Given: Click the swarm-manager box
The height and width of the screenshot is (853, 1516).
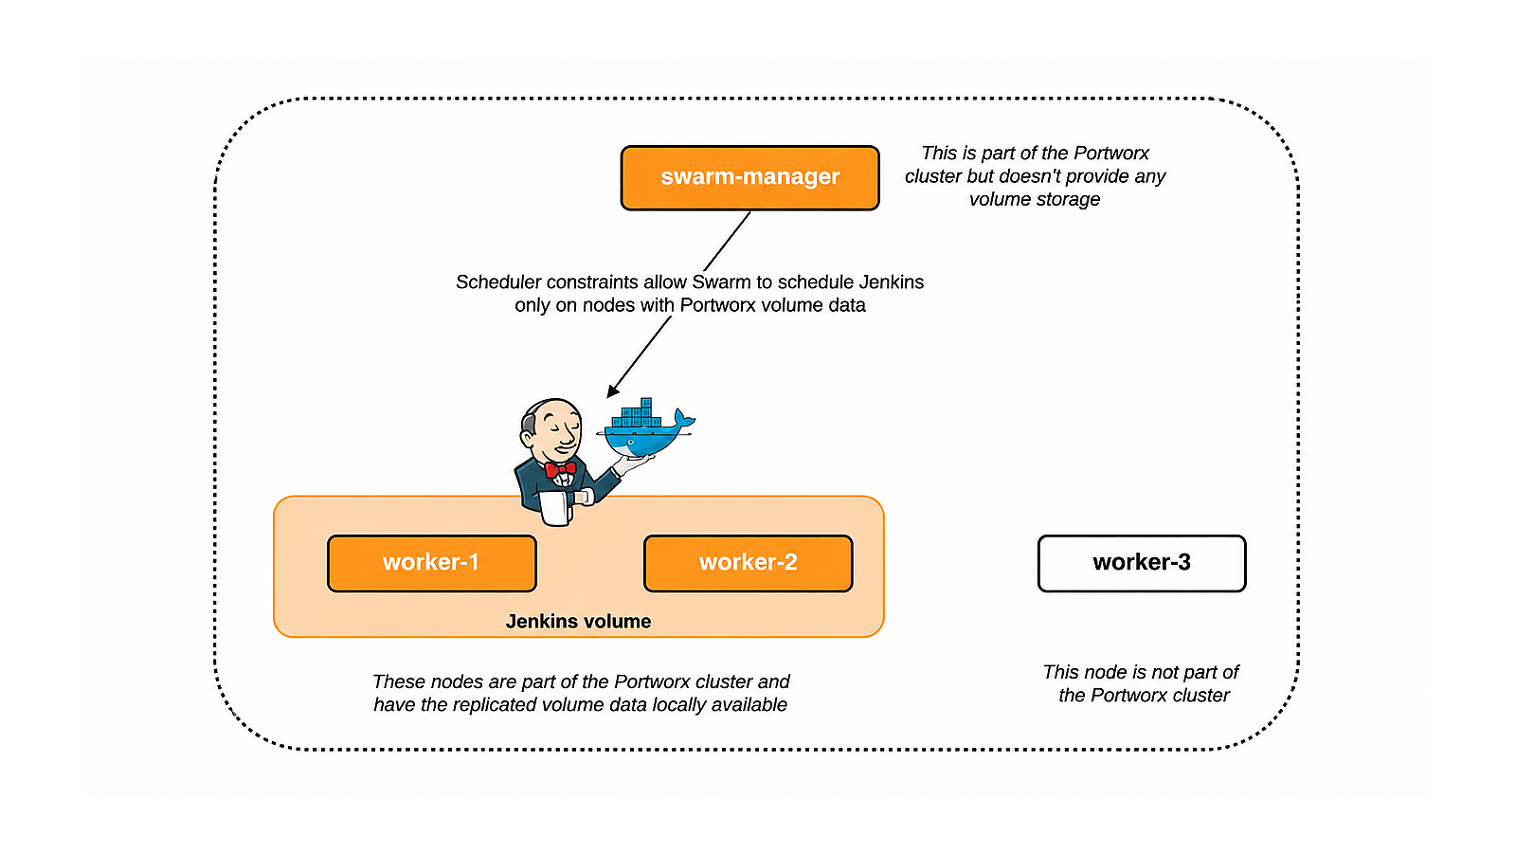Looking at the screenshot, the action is coord(749,177).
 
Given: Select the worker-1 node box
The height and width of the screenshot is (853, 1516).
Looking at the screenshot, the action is coord(432,563).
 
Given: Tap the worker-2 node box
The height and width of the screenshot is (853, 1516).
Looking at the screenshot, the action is coord(748,563).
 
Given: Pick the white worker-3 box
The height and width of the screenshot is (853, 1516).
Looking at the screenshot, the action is coord(1142,563).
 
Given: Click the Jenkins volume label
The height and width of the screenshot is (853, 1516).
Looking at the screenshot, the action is coord(578,622).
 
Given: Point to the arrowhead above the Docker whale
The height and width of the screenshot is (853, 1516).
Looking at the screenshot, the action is coord(612,390).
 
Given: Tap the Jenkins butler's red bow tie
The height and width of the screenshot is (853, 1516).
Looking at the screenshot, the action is coord(560,469).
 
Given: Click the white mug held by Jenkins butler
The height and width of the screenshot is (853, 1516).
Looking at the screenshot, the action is coord(555,508).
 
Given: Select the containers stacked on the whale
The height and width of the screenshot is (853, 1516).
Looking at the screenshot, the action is coord(636,414).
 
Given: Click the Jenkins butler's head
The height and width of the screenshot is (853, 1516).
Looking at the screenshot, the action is coord(551,430).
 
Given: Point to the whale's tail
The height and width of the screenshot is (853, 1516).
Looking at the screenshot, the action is coord(684,418).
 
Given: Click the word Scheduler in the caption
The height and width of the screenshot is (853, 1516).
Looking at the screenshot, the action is coord(498,282).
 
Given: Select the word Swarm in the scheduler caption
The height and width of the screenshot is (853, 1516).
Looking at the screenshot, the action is coord(719,282).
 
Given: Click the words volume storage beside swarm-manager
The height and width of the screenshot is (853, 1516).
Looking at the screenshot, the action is coord(1035,200).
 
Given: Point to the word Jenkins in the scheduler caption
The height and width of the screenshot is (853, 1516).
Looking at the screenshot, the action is coord(892,282).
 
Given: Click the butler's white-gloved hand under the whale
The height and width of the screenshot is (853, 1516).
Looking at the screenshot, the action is coord(633,463).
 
